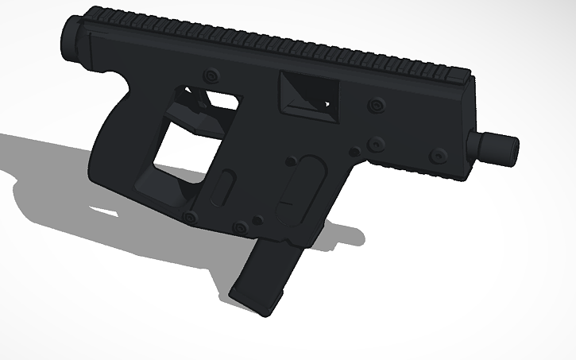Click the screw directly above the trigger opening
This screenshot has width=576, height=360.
[x=211, y=76]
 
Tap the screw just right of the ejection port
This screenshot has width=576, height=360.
[x=376, y=104]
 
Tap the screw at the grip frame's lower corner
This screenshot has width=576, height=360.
[x=189, y=217]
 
